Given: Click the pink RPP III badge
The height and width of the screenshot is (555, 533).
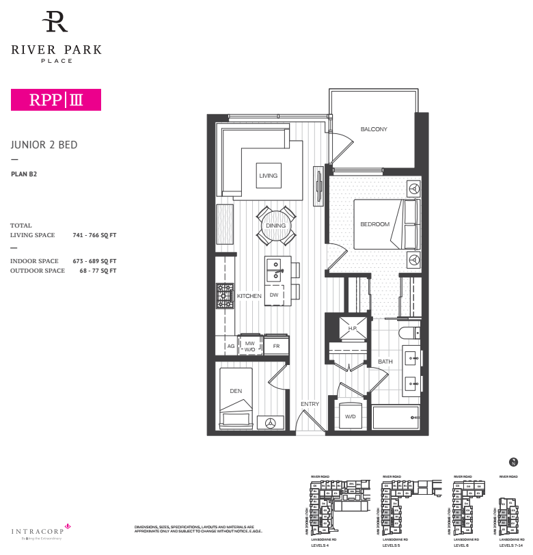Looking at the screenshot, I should tap(56, 100).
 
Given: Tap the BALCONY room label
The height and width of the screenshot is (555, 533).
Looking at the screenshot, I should tap(374, 129).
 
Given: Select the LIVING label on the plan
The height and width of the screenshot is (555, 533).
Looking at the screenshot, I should tap(269, 176).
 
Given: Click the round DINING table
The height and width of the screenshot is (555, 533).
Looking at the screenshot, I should tap(276, 226).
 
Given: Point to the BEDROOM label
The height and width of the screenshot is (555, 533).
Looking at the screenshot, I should tap(374, 224).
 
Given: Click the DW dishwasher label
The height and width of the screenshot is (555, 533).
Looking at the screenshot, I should tap(273, 295).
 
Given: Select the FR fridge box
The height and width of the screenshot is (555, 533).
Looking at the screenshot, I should tap(276, 347).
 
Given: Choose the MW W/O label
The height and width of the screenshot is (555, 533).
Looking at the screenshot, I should tap(249, 346).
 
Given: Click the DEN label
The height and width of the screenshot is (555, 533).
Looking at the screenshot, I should tap(236, 391).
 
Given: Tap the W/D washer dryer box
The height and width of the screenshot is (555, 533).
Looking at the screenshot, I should tap(351, 416).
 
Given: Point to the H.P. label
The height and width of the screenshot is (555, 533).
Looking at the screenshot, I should tap(353, 329).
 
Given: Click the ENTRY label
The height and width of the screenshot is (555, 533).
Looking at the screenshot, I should tap(310, 404).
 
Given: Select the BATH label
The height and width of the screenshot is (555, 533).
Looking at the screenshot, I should tap(385, 362).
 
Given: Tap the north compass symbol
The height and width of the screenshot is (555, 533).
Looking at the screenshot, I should tap(514, 463).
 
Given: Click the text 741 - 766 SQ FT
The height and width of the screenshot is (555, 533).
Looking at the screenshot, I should tap(94, 235).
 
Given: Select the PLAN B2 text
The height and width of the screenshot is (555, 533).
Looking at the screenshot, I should tap(24, 174).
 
